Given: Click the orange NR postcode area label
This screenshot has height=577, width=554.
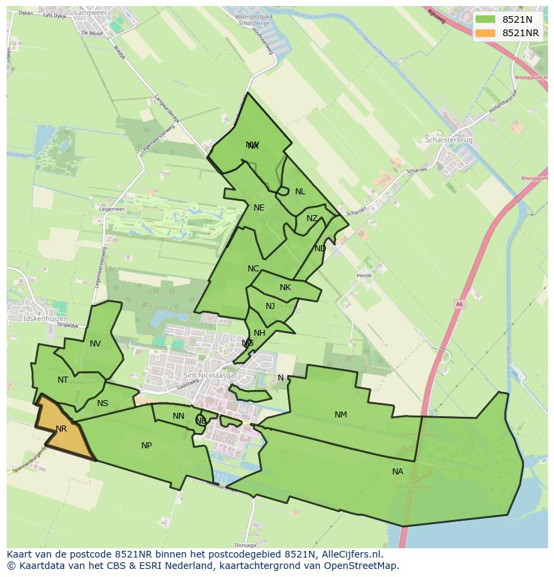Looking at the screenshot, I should click(x=61, y=429).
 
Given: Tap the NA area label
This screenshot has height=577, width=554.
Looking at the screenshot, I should click(x=397, y=472).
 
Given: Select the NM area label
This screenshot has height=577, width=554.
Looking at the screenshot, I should click(x=341, y=415).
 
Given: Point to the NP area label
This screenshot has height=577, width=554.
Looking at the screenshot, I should click(x=147, y=446).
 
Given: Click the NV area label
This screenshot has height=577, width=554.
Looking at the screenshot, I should click(x=95, y=344).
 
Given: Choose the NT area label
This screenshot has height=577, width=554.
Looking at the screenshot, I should click(x=63, y=380).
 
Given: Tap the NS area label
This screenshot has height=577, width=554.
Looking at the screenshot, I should click(x=102, y=403).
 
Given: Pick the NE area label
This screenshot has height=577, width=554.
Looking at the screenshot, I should click(x=259, y=208).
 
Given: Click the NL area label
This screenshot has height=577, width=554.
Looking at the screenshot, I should click(x=300, y=192).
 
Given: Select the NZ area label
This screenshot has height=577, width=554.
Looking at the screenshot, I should click(x=312, y=218).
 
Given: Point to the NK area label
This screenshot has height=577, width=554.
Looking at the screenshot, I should click(x=285, y=287).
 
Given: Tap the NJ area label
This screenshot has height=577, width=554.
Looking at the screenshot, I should click(x=270, y=306).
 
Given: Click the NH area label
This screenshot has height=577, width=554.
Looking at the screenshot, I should click(x=260, y=333).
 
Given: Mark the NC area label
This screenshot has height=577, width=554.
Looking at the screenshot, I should click(x=253, y=269).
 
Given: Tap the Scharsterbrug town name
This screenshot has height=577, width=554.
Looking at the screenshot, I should click(x=449, y=140).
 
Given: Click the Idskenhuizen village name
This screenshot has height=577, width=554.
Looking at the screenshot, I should click(x=45, y=318).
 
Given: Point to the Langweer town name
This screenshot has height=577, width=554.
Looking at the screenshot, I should click(x=95, y=11).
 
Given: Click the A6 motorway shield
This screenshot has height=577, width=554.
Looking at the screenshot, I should click(x=460, y=304).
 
